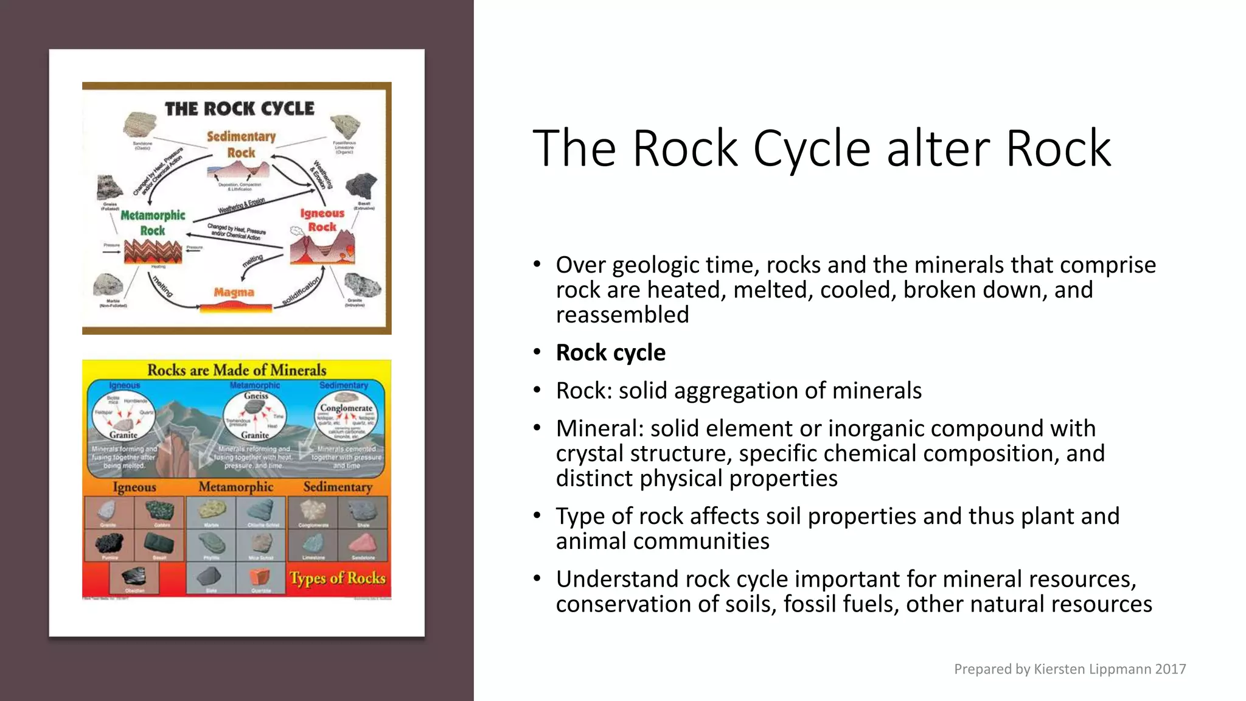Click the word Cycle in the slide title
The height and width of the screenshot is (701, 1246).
point(812,149)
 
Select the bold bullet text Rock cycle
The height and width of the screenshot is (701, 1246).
point(610,353)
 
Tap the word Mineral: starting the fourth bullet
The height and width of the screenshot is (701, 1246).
point(599,428)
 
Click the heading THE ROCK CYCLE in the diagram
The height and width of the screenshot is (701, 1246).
point(240,109)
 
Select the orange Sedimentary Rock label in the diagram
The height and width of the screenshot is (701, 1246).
point(241,144)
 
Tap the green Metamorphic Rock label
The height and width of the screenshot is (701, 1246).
point(153,223)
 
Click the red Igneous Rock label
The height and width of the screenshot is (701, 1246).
point(322,220)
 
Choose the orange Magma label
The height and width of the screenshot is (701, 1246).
point(234,293)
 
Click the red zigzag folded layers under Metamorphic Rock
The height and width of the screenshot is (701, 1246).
point(153,251)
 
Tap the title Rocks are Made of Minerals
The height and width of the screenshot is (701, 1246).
point(237,370)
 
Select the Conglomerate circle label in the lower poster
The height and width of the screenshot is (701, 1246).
point(346,408)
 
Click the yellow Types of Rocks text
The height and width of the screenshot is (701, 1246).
point(338,577)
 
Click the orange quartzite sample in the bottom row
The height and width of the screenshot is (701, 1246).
point(260,576)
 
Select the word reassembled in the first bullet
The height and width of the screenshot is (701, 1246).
point(622,315)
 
